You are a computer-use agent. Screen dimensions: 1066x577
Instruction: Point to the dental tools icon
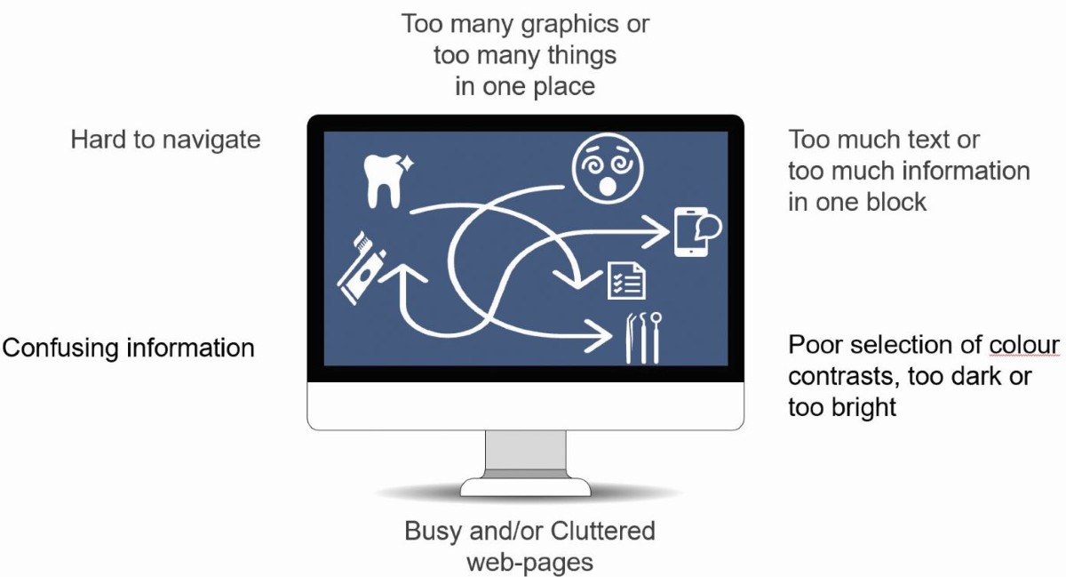[x=642, y=338]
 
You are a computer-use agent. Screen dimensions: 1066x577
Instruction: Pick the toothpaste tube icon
[x=362, y=264]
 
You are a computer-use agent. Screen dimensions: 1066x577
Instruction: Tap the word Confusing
[x=60, y=347]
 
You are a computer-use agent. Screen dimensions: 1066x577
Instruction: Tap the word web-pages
[x=529, y=562]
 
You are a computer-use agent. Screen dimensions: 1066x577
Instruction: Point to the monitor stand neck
[x=525, y=454]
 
